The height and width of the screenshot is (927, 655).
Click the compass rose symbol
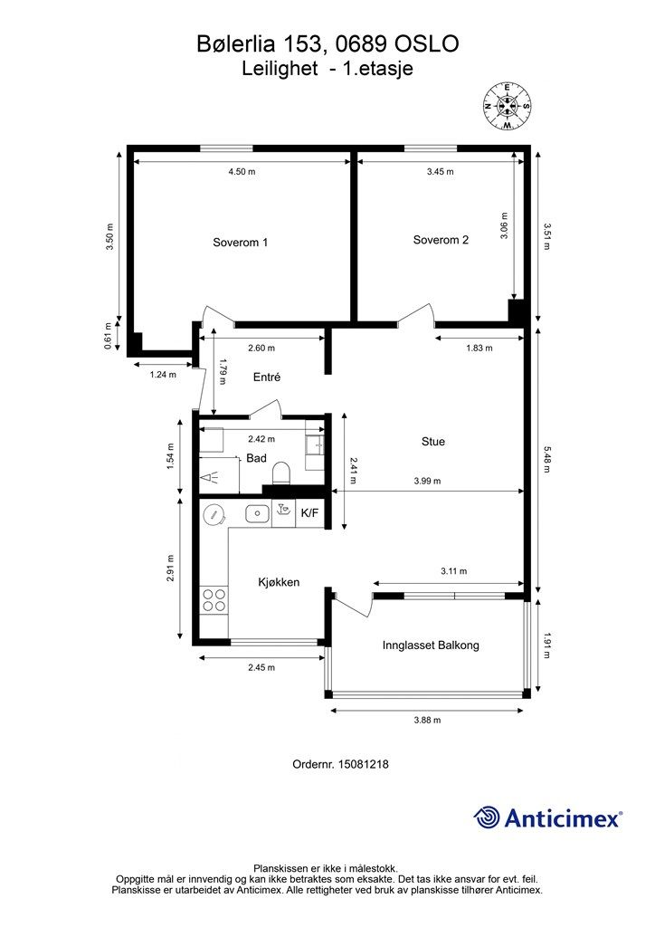(x=508, y=106)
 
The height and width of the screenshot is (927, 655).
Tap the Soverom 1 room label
(x=240, y=242)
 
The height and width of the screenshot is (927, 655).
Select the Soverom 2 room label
(x=441, y=240)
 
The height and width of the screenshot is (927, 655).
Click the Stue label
(x=433, y=442)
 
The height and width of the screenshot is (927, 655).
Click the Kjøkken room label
(x=278, y=582)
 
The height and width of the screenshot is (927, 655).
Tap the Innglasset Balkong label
(x=431, y=645)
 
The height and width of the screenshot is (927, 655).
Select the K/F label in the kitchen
(x=309, y=513)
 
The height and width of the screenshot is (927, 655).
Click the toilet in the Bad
(x=281, y=473)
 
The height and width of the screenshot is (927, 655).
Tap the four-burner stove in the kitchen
(x=214, y=599)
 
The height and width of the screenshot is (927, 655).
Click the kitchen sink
(x=257, y=513)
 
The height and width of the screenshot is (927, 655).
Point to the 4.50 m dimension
(x=242, y=171)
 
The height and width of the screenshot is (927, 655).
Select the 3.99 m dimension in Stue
(x=425, y=481)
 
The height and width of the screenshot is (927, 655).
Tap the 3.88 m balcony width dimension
(x=425, y=720)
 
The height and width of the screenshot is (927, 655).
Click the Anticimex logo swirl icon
(x=488, y=817)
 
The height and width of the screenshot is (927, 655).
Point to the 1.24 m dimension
(x=163, y=373)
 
